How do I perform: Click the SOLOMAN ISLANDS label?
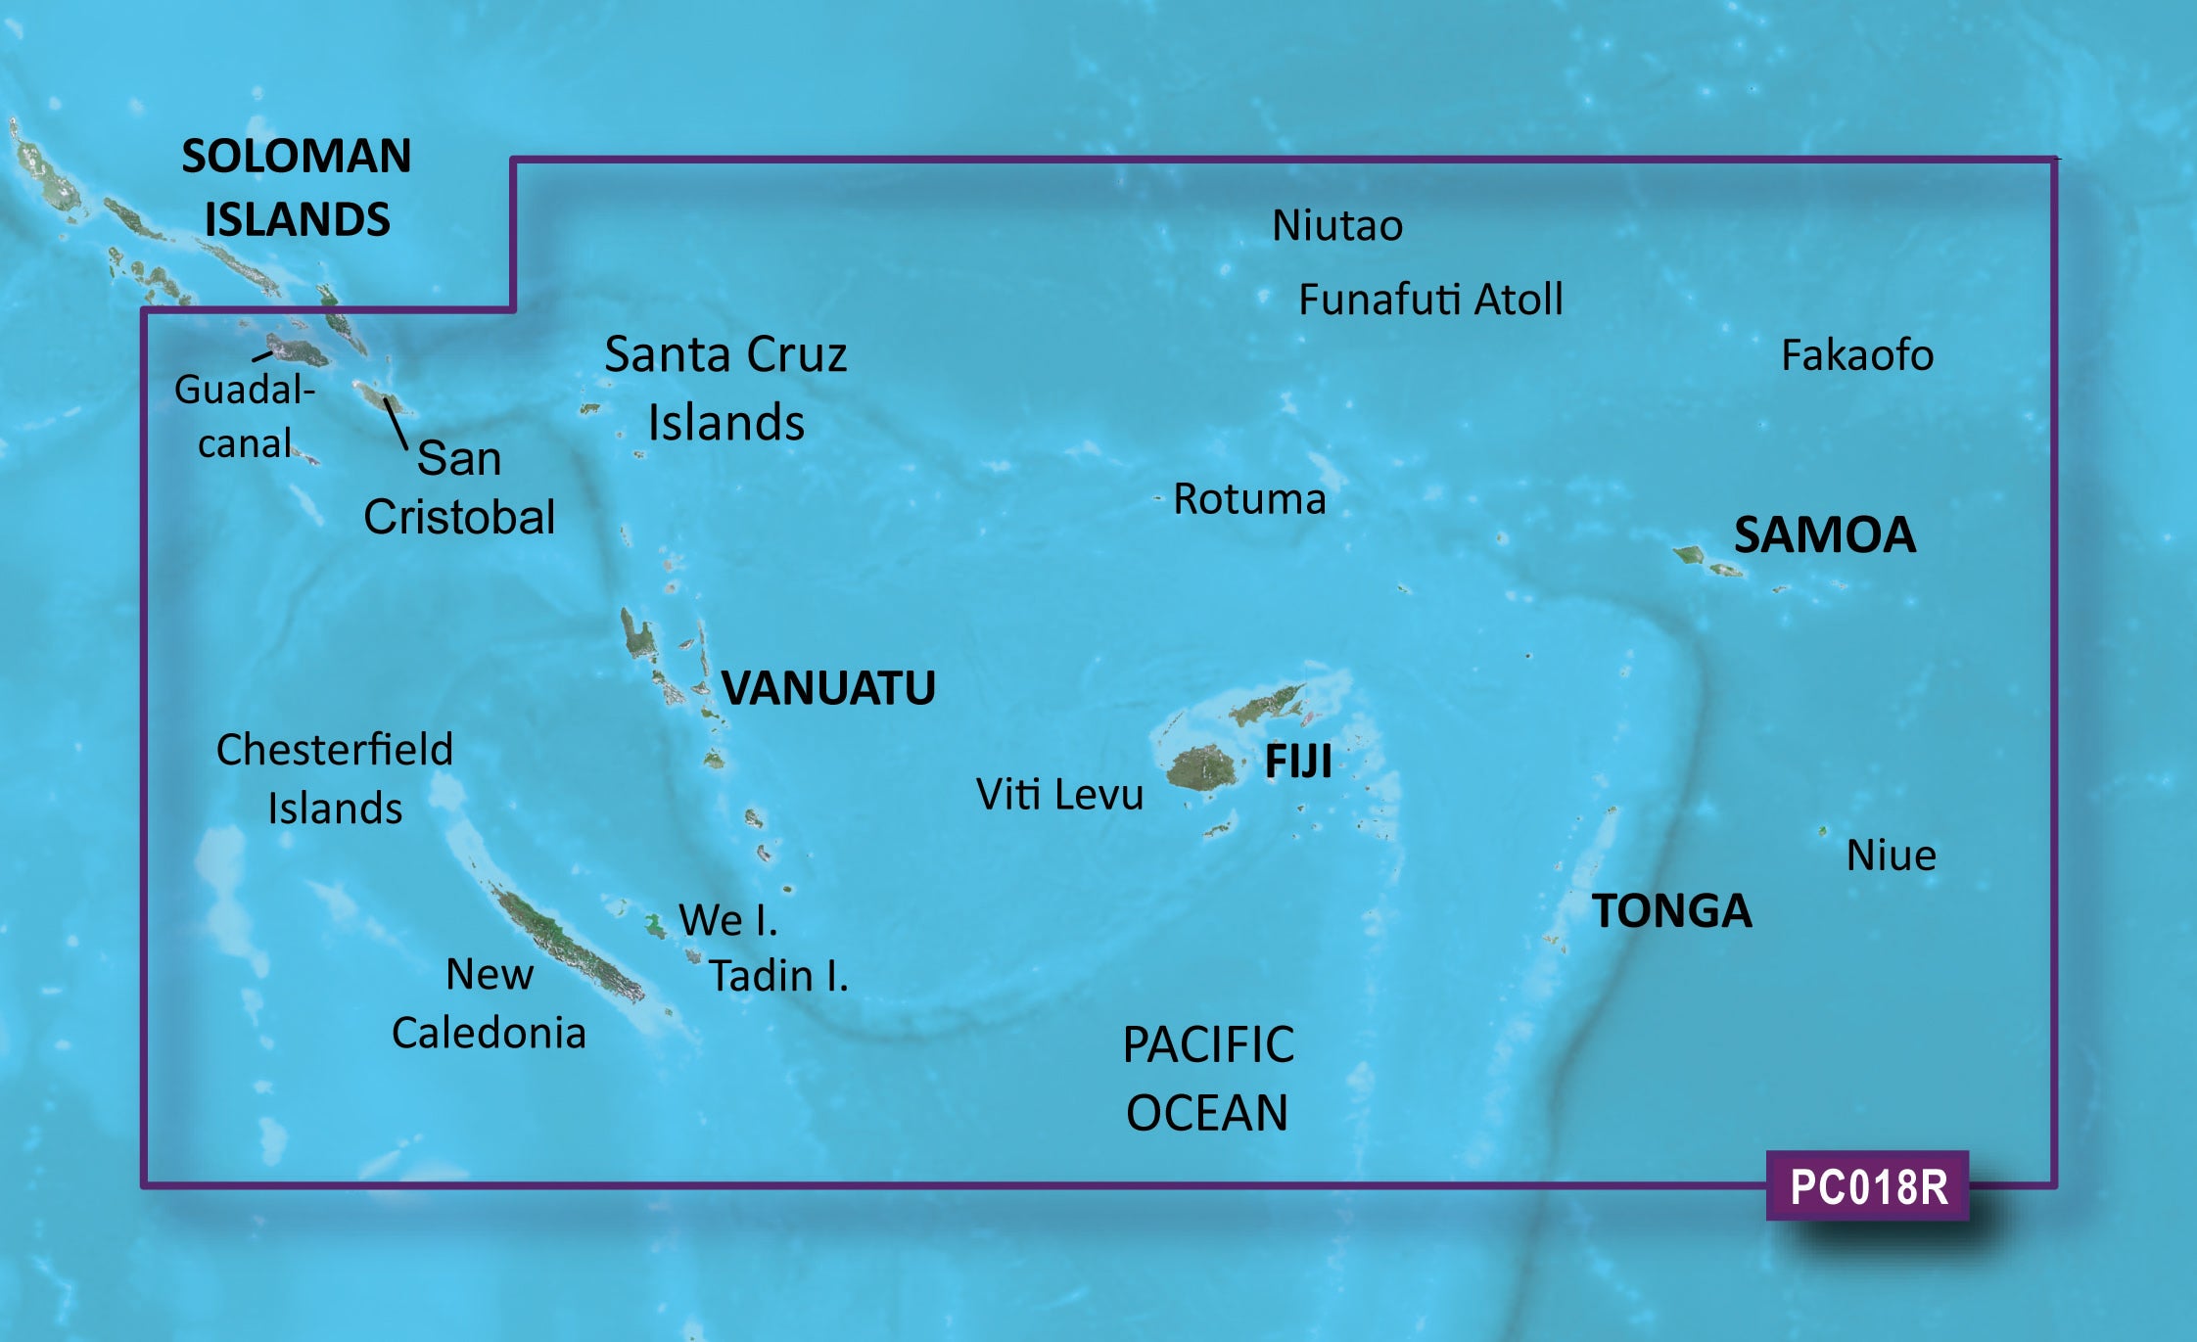click(x=297, y=187)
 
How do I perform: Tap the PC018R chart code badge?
click(x=1867, y=1186)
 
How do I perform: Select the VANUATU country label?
click(x=828, y=688)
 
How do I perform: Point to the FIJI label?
click(x=1298, y=762)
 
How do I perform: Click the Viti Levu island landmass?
click(x=1202, y=769)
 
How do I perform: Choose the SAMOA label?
click(x=1824, y=534)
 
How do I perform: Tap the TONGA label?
click(x=1671, y=910)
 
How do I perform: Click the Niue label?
click(x=1891, y=856)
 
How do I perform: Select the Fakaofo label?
click(x=1856, y=355)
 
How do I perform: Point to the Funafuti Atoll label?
click(x=1429, y=300)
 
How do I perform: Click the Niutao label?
click(x=1336, y=226)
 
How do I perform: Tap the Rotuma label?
click(x=1249, y=499)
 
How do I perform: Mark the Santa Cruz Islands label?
click(x=725, y=389)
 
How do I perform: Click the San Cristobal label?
click(x=459, y=487)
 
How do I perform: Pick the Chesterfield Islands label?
click(x=335, y=779)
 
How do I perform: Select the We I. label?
click(x=728, y=920)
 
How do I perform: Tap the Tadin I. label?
click(x=778, y=976)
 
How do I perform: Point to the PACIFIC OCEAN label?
click(x=1207, y=1078)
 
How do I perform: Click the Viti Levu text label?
click(x=1059, y=795)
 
